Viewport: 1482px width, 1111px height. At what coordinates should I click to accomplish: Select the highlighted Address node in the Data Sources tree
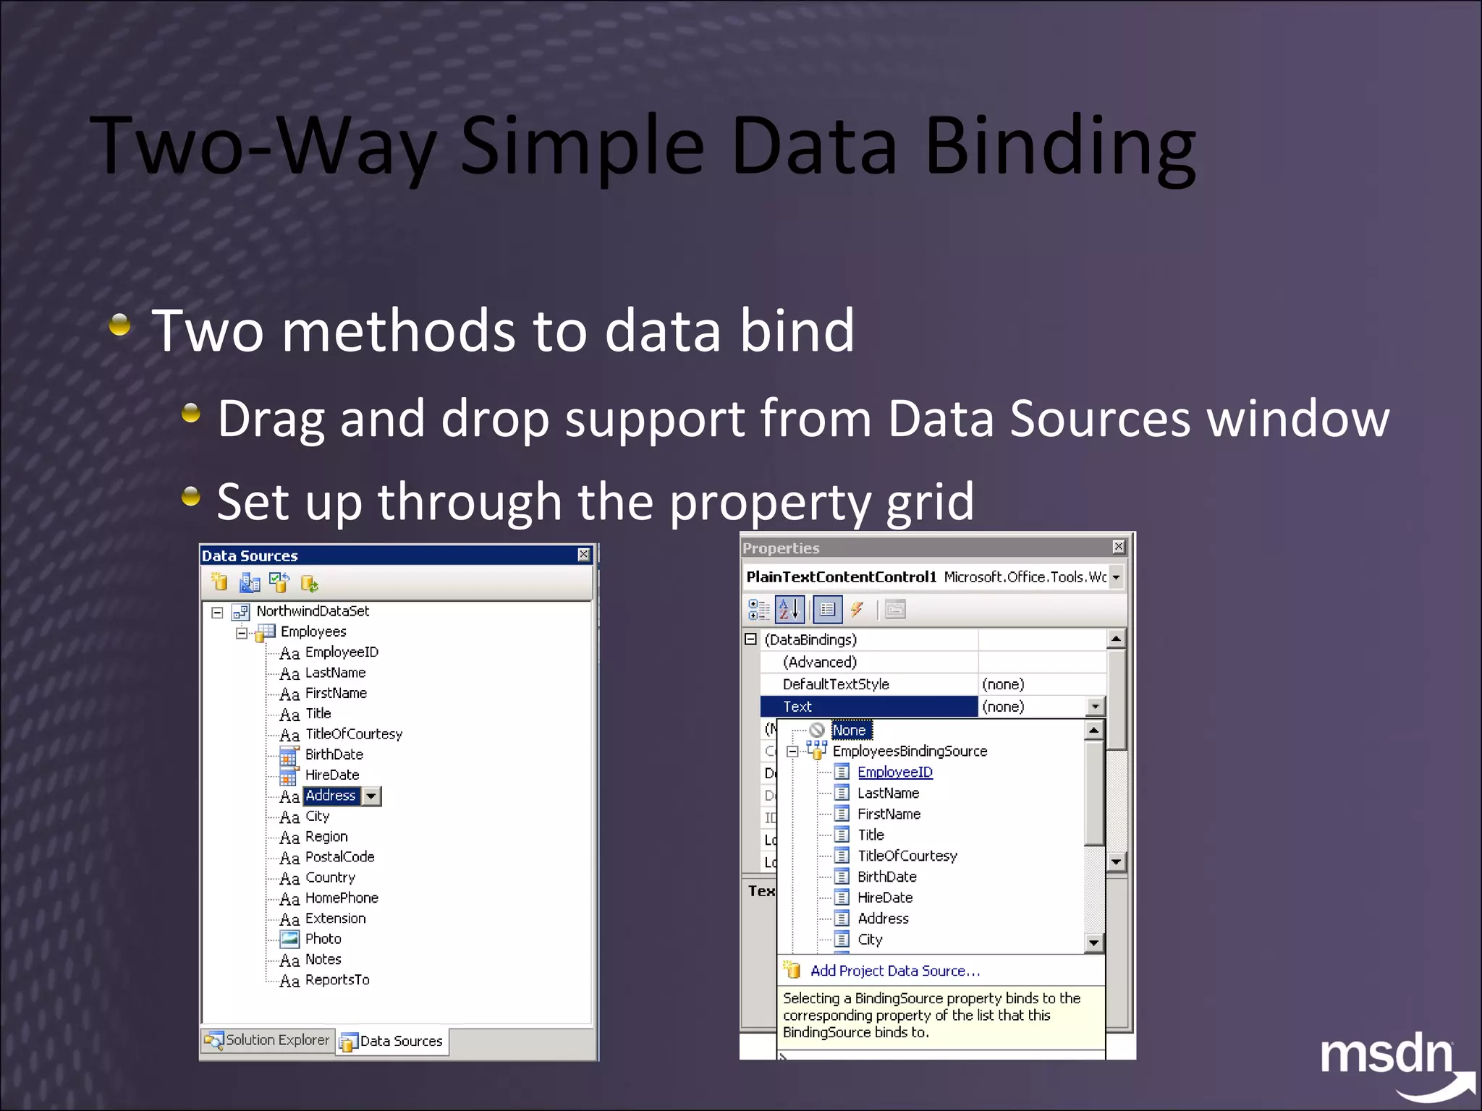331,796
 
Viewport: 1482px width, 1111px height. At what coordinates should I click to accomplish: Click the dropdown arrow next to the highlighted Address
371,796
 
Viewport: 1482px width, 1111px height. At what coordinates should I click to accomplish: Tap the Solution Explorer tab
267,1040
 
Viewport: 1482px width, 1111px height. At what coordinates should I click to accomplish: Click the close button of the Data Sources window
583,555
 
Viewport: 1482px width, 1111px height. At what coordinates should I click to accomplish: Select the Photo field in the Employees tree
323,939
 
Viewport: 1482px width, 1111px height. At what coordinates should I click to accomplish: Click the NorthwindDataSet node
313,611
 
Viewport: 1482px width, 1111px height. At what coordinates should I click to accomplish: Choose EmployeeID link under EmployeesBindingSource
894,772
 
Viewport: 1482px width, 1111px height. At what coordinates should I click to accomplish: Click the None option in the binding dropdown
849,731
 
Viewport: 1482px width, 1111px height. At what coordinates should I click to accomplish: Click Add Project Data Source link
894,971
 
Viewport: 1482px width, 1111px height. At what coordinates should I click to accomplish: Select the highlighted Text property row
868,707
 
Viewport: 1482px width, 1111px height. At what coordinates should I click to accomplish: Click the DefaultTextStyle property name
836,684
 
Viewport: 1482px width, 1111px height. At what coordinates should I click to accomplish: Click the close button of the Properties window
1118,547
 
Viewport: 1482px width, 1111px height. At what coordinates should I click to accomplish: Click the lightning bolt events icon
857,610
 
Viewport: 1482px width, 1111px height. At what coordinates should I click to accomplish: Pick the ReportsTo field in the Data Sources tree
336,980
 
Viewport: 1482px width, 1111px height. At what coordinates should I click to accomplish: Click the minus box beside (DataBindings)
751,639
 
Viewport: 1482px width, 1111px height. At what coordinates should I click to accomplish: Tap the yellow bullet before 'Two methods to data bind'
120,325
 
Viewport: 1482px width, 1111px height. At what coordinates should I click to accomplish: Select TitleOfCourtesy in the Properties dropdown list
907,856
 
